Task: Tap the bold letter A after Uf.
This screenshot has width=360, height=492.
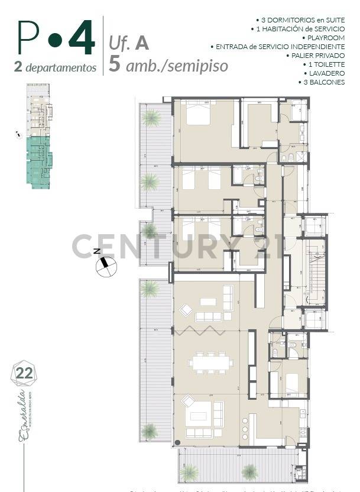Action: click(141, 43)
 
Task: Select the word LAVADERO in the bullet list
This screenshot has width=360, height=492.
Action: click(326, 73)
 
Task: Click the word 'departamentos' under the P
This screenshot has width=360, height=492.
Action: click(61, 67)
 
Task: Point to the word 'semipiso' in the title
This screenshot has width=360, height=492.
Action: click(198, 66)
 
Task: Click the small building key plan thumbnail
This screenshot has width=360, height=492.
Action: click(38, 136)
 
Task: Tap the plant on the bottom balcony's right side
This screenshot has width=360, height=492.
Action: click(250, 471)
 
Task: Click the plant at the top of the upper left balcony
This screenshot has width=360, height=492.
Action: click(151, 117)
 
